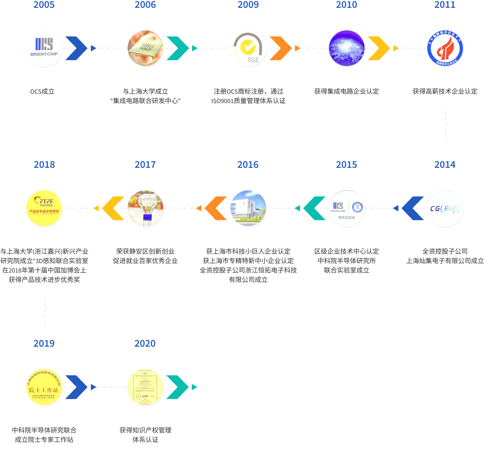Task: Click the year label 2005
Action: pos(44,5)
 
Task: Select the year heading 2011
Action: pos(445,5)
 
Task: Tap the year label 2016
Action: pos(248,165)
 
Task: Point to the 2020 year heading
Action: pos(145,343)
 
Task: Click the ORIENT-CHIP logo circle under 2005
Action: pos(44,48)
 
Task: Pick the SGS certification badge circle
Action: pos(248,48)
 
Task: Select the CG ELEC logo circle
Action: pos(445,208)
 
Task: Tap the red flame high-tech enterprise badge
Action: pos(445,48)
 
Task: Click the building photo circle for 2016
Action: pos(248,208)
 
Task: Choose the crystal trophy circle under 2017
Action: pos(145,208)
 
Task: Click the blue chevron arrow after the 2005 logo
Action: pos(77,48)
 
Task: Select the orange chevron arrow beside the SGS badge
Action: pos(281,48)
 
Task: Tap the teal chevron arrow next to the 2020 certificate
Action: pos(178,387)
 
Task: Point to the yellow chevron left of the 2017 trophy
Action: pos(113,208)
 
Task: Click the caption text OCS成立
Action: pos(42,91)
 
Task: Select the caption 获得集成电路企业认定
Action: pos(346,91)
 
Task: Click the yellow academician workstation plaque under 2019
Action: pos(44,387)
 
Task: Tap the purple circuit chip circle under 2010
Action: pos(346,48)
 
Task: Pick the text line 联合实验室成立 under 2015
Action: pos(346,270)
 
